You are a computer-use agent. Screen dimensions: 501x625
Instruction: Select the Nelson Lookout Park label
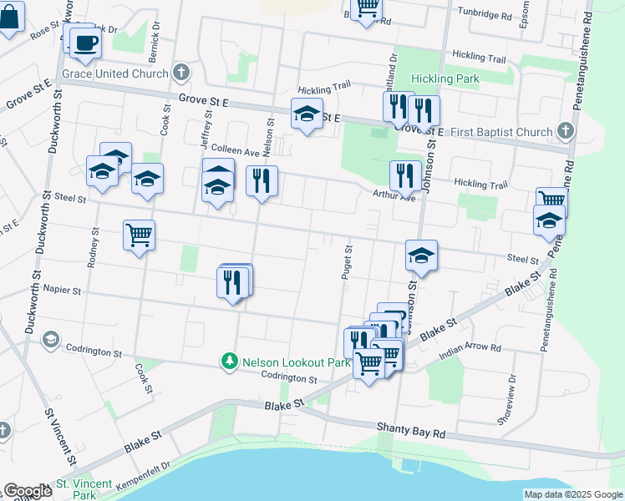pos(285,362)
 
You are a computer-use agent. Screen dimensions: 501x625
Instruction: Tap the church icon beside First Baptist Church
pos(566,132)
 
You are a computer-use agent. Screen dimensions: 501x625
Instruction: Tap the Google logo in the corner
pos(28,491)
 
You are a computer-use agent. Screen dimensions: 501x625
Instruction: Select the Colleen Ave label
pos(235,151)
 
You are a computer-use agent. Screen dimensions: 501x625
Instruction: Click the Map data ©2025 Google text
pos(573,494)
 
